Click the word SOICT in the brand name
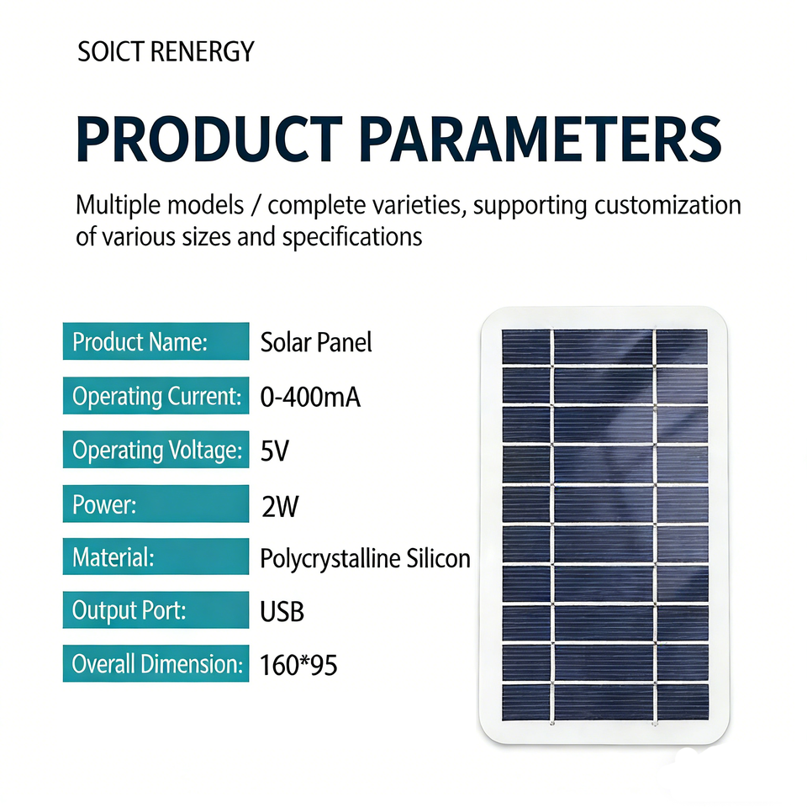point(110,51)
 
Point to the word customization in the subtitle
point(667,205)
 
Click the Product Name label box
point(156,341)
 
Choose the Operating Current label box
point(156,395)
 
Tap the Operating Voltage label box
point(156,449)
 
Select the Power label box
point(156,504)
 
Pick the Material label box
point(156,556)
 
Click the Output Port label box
point(156,610)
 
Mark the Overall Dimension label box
point(156,663)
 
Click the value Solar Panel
point(316,342)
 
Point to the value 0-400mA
point(310,398)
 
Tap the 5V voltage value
point(275,451)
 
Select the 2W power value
point(280,506)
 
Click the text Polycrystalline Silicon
point(366,559)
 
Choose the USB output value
point(282,612)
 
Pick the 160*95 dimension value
point(298,665)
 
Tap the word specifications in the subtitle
point(352,237)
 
